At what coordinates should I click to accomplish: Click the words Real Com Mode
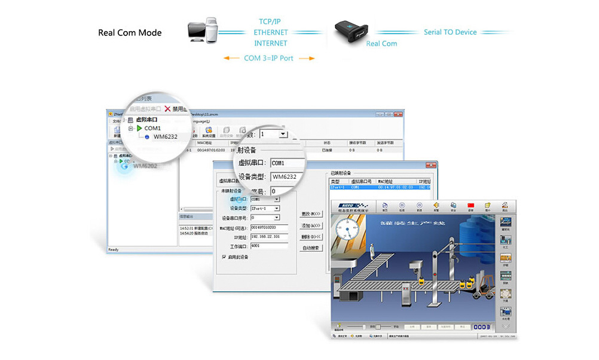130,33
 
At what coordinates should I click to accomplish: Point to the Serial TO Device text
450,32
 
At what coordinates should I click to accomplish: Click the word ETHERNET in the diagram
270,32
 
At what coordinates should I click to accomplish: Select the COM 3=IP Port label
268,58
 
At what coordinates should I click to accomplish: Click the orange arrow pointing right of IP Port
307,58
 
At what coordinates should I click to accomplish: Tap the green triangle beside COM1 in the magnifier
139,128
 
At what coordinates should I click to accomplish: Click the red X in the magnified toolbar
168,109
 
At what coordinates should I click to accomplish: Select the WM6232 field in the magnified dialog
285,177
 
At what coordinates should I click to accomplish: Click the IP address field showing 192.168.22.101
269,237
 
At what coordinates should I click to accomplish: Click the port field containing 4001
269,246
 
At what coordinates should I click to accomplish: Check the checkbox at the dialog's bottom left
224,257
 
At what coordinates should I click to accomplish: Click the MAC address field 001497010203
269,227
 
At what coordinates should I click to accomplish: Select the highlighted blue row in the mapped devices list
380,187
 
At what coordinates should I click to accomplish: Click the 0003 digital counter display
482,327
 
